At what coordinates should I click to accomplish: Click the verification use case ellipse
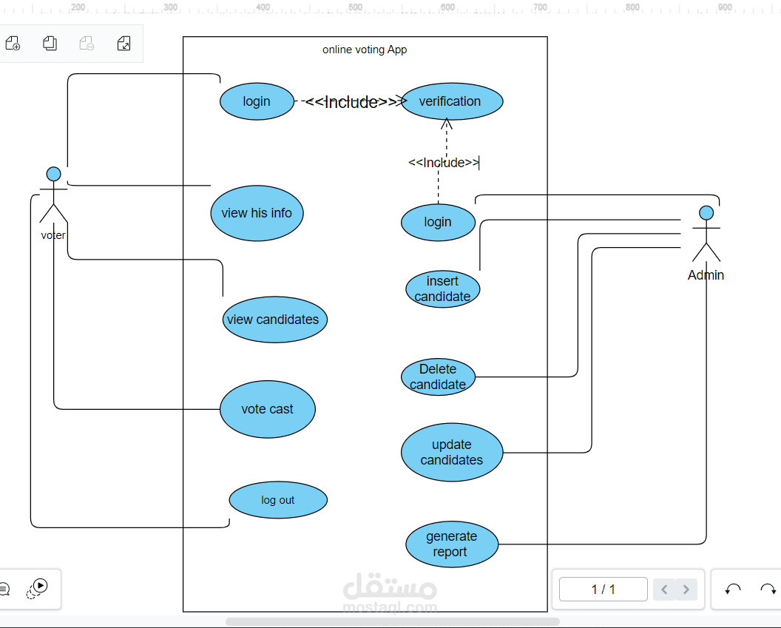(450, 101)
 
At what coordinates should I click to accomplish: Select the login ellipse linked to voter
(257, 101)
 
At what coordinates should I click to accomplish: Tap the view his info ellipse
(257, 213)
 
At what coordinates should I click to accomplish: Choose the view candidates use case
(274, 320)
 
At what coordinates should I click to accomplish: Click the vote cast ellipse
(267, 409)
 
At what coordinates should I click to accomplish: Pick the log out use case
(278, 500)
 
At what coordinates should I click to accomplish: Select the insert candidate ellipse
(442, 288)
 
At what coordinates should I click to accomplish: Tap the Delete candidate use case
(438, 377)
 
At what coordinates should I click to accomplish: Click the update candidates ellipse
(452, 452)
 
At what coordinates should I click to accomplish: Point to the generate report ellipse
(451, 544)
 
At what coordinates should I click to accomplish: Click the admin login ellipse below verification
(438, 222)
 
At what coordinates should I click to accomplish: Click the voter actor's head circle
(53, 174)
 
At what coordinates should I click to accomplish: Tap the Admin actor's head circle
(706, 213)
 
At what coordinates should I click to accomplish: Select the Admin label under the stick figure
(706, 275)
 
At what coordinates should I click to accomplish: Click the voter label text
(53, 235)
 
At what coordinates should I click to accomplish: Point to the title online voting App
(365, 50)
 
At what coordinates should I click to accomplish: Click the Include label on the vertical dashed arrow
(444, 163)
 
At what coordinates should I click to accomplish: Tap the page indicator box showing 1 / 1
(603, 590)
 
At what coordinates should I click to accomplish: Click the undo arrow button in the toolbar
(733, 590)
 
